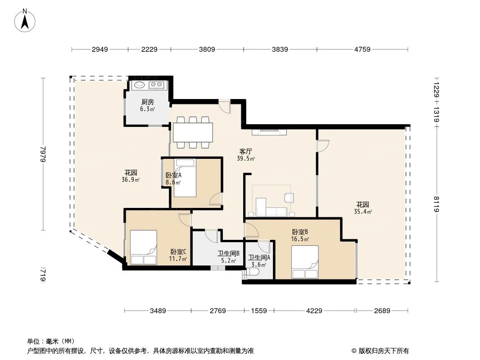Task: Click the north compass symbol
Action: (x=25, y=21)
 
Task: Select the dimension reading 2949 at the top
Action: (x=100, y=49)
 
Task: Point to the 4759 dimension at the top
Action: (x=362, y=49)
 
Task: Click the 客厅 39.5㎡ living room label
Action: (x=246, y=155)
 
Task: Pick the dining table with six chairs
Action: (x=193, y=132)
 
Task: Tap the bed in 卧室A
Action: (x=185, y=178)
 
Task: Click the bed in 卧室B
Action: (x=305, y=262)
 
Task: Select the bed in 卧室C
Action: (x=143, y=247)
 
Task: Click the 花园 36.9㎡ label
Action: (x=131, y=175)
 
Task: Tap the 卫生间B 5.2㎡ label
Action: (x=228, y=256)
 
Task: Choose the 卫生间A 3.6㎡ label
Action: (x=259, y=261)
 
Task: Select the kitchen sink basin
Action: (x=140, y=85)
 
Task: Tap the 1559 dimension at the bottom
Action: (x=259, y=311)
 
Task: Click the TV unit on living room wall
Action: (x=269, y=132)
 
